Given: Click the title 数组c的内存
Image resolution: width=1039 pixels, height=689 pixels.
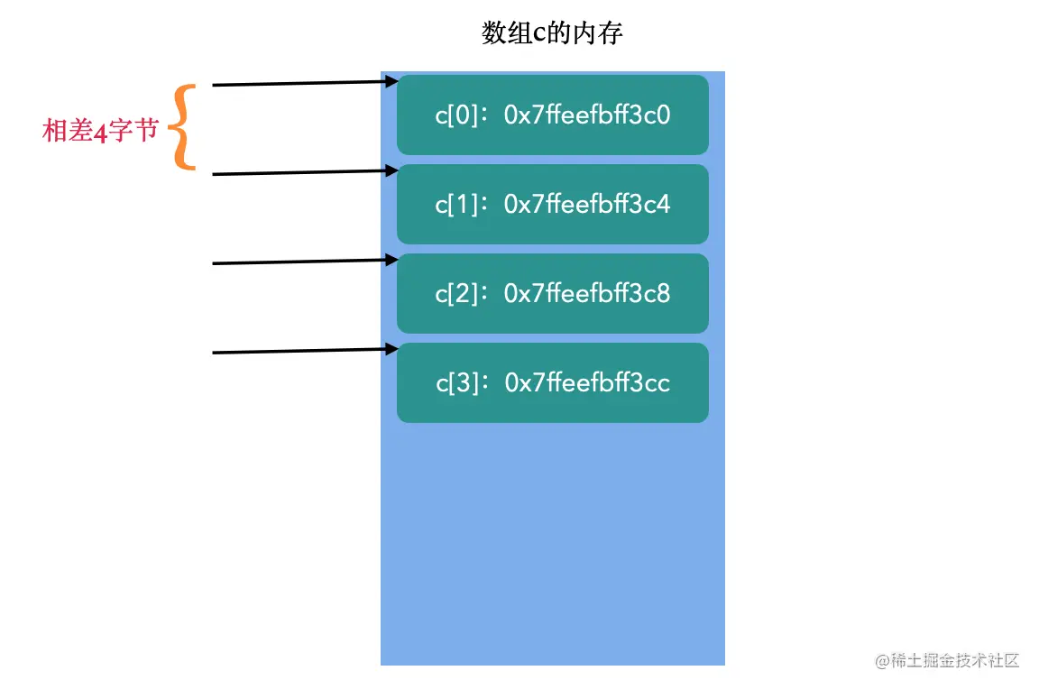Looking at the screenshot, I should [x=552, y=34].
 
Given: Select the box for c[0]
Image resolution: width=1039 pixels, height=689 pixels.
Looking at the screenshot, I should [x=552, y=115].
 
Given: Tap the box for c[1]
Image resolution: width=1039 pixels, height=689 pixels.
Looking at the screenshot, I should [x=552, y=204].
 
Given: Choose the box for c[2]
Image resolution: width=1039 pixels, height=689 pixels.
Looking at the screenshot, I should [x=552, y=293].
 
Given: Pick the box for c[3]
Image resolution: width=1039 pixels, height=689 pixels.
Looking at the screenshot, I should [x=552, y=382].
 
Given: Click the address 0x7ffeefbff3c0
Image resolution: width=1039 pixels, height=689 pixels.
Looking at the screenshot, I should [x=587, y=115].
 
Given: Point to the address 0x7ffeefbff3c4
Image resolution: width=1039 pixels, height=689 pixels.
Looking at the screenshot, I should [x=587, y=205].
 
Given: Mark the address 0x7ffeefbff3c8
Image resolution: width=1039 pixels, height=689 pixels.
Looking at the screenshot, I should [x=587, y=294].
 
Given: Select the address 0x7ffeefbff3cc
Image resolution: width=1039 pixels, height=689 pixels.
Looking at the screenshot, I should [x=587, y=383].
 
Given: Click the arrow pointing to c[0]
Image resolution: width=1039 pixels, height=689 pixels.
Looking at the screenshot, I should [x=303, y=83].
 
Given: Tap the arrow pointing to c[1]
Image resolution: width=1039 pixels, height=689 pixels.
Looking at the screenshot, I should [x=303, y=172].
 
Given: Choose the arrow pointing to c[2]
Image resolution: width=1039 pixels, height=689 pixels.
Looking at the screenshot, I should [x=303, y=262].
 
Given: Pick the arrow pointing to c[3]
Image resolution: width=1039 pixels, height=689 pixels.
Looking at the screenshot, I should [x=303, y=351].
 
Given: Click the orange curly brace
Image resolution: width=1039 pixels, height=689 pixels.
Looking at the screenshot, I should [x=184, y=127].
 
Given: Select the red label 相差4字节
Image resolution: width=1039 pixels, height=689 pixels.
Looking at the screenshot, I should [x=100, y=131].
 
